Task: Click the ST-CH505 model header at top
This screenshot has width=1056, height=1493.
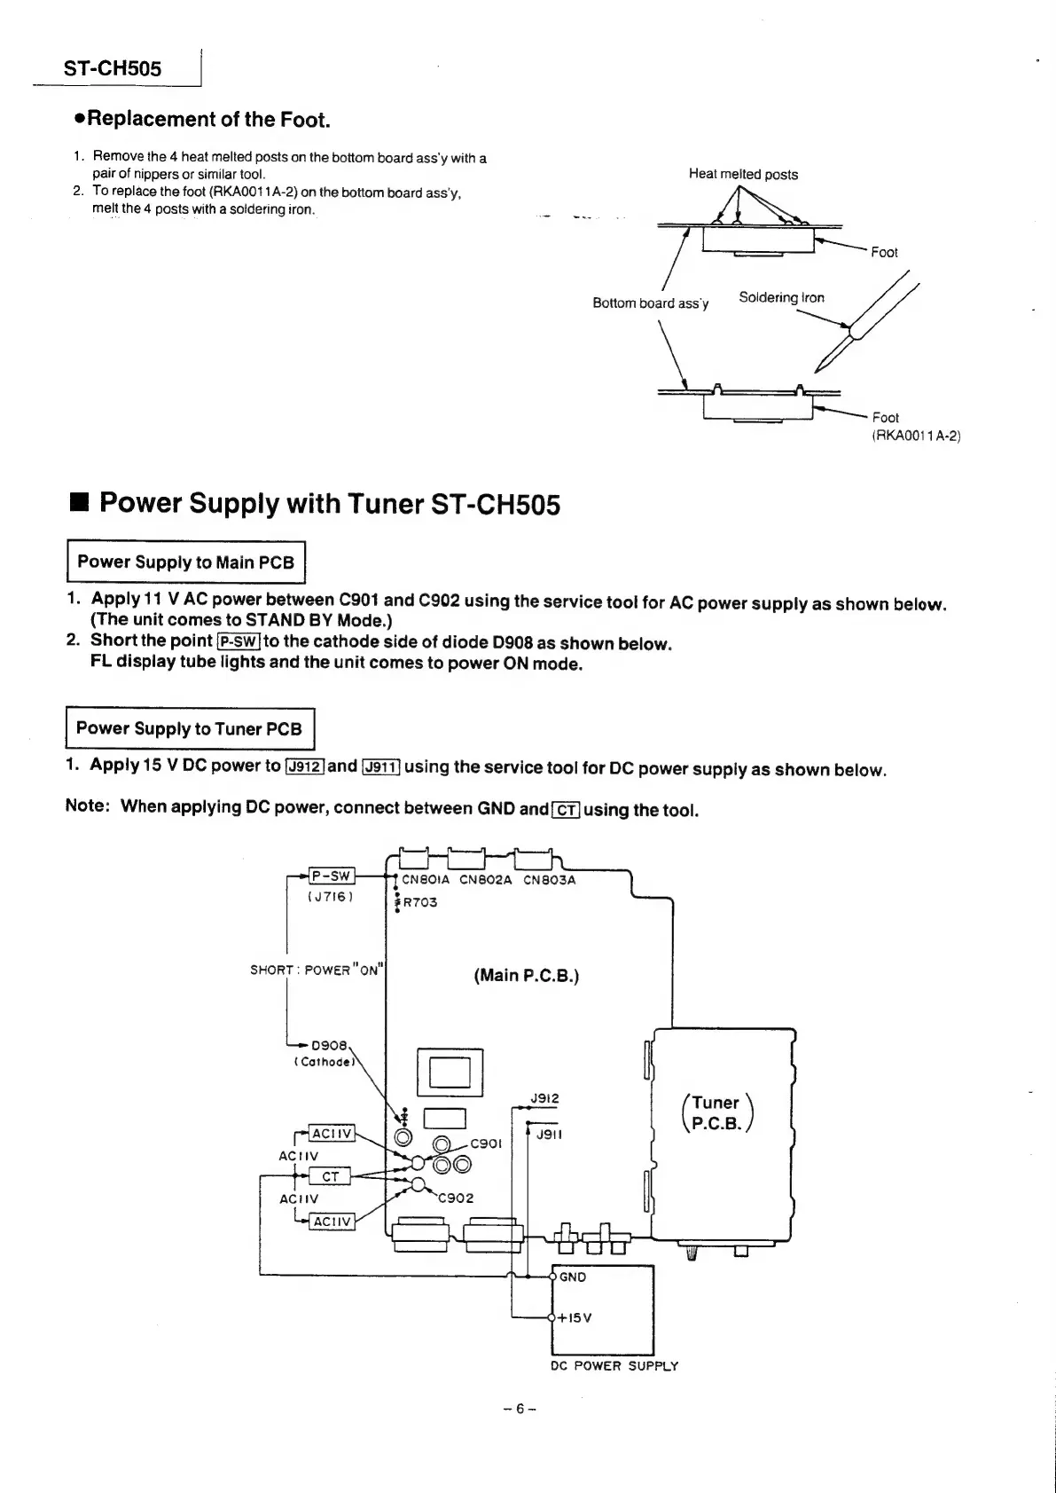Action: tap(112, 68)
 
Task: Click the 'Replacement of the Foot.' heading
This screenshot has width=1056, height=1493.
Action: tap(207, 119)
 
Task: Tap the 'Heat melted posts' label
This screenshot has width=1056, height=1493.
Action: tap(743, 174)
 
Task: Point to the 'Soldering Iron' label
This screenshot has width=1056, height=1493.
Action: tap(781, 297)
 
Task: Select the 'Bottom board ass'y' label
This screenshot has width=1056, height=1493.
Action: tap(650, 303)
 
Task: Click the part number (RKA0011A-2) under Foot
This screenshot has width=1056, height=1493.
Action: tap(916, 436)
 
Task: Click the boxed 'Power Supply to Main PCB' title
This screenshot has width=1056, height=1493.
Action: tap(186, 562)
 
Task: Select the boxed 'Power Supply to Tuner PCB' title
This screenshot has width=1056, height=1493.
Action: tap(190, 728)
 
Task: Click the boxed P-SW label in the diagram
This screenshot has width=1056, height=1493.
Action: tap(331, 876)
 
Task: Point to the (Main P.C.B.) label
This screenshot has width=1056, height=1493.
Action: tap(526, 976)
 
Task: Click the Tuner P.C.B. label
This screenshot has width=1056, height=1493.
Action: tap(716, 1112)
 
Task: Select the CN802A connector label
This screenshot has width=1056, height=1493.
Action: tap(485, 880)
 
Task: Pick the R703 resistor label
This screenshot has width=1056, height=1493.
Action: tap(420, 902)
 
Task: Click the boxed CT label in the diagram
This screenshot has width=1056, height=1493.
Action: tap(330, 1176)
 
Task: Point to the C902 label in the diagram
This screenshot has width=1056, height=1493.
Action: tap(456, 1198)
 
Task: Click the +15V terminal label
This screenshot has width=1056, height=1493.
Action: tap(575, 1317)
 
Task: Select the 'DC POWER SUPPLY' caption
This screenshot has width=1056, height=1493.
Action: tap(614, 1366)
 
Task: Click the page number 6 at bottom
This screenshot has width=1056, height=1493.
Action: tap(520, 1408)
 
